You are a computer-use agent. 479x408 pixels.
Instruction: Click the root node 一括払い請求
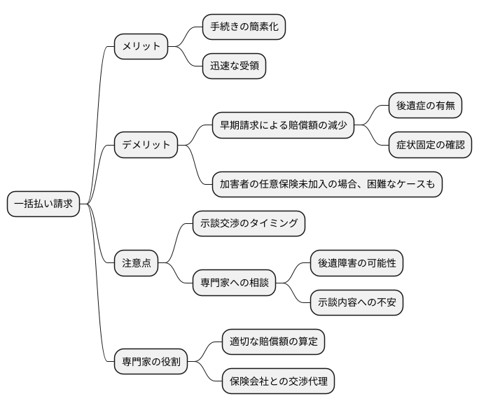coord(43,204)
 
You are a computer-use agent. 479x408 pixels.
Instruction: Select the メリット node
coord(141,47)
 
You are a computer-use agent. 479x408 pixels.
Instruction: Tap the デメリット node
coord(146,145)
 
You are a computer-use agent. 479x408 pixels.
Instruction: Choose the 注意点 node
coord(136,263)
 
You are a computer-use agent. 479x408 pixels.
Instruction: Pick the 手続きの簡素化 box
coord(244,27)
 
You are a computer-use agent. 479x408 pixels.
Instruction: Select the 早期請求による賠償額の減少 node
coord(282,125)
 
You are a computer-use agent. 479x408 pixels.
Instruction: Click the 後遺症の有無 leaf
coord(425,106)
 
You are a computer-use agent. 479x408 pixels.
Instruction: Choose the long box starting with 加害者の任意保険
coord(327,184)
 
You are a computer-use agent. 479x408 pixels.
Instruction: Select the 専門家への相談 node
coord(234,283)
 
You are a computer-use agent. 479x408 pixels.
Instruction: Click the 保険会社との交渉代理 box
coord(278,381)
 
